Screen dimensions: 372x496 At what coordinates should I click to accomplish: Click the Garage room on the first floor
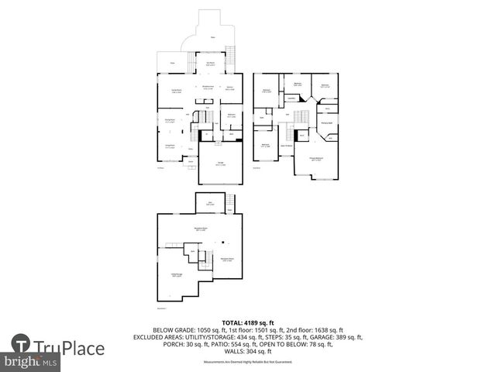pyautogui.click(x=221, y=164)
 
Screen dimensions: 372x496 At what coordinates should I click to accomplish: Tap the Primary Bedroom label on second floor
pyautogui.click(x=317, y=159)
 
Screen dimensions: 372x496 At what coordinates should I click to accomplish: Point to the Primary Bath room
pyautogui.click(x=327, y=122)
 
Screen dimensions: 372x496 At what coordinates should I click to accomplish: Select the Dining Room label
pyautogui.click(x=170, y=120)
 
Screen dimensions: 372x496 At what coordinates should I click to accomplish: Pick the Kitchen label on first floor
pyautogui.click(x=230, y=88)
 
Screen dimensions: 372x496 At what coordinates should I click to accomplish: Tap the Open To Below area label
pyautogui.click(x=286, y=145)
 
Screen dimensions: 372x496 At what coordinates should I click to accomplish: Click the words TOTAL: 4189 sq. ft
pyautogui.click(x=248, y=322)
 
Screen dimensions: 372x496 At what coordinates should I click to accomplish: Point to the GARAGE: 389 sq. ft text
pyautogui.click(x=334, y=337)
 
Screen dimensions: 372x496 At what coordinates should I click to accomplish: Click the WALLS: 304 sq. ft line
pyautogui.click(x=248, y=353)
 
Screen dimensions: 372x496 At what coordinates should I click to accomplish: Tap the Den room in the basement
pyautogui.click(x=210, y=202)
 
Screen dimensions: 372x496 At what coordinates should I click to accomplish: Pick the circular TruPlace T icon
pyautogui.click(x=22, y=346)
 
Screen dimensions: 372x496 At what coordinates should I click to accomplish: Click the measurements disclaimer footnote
pyautogui.click(x=248, y=362)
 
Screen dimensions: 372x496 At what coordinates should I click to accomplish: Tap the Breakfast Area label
pyautogui.click(x=208, y=87)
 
